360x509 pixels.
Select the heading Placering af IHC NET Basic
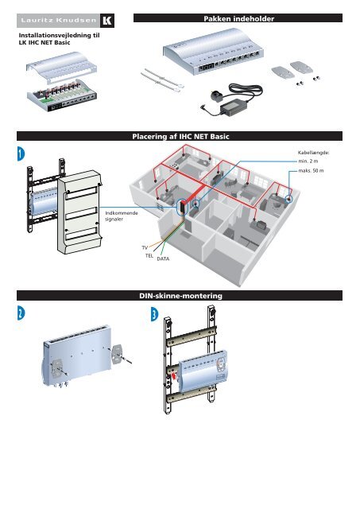[x=180, y=138]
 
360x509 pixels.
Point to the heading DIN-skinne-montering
[x=180, y=296]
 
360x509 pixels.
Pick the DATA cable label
[x=163, y=260]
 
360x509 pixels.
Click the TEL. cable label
[x=149, y=258]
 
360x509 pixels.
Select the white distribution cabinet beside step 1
[x=83, y=208]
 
